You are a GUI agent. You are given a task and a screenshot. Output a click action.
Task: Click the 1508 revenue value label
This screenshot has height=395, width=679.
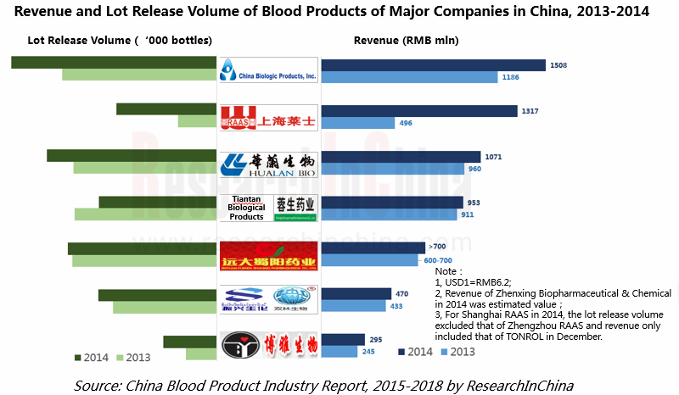558,65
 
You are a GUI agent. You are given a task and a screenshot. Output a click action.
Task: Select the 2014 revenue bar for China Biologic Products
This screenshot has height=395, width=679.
433,65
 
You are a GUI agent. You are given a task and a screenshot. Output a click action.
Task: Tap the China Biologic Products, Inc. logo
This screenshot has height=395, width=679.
268,70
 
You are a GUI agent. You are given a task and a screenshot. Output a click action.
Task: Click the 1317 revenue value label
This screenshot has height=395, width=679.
530,111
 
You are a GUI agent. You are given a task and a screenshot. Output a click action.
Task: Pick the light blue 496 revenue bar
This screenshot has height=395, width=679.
358,123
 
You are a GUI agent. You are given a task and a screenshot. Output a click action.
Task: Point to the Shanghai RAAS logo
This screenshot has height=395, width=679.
268,118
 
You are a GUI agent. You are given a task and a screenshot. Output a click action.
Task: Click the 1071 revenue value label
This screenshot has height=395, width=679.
495,157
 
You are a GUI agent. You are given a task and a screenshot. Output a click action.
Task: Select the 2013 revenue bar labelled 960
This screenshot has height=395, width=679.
393,169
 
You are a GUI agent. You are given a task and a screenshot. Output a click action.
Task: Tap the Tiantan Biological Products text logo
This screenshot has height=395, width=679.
247,208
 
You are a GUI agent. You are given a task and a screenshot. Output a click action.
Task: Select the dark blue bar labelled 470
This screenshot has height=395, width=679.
356,294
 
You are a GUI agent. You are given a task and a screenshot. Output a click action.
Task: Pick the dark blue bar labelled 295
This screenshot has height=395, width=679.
343,339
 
